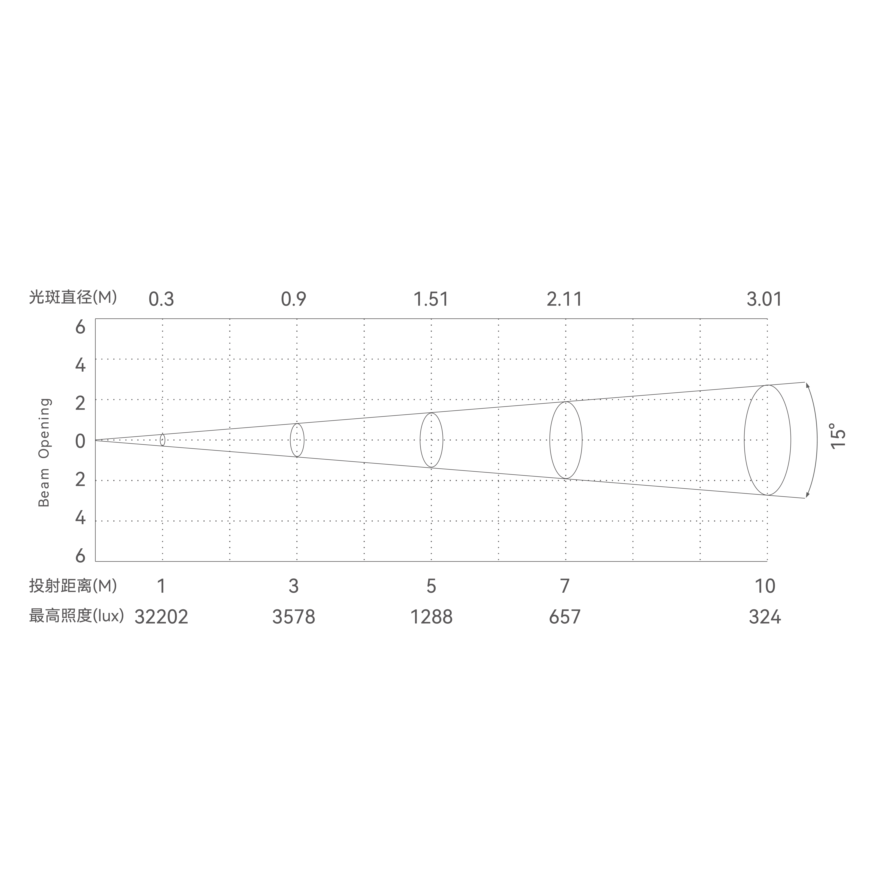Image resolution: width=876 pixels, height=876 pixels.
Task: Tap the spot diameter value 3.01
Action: point(764,299)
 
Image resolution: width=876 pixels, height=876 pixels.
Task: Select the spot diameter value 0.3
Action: point(161,299)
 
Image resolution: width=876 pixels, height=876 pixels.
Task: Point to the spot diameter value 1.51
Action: point(431,299)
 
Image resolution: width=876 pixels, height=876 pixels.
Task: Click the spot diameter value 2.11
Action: point(565,299)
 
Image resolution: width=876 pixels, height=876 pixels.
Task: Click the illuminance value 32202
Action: point(161,617)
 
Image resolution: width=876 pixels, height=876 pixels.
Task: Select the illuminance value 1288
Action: point(431,617)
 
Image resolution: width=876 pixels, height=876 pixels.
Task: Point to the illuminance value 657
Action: point(565,617)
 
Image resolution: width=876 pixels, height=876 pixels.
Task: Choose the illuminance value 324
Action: point(765,617)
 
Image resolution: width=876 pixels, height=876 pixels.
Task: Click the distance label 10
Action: point(765,586)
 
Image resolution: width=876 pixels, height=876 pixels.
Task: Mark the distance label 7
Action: point(565,586)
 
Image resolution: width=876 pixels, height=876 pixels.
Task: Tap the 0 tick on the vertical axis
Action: point(80,441)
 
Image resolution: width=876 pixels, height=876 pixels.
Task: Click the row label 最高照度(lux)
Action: point(76,616)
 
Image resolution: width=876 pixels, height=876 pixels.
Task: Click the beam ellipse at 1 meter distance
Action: point(162,440)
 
